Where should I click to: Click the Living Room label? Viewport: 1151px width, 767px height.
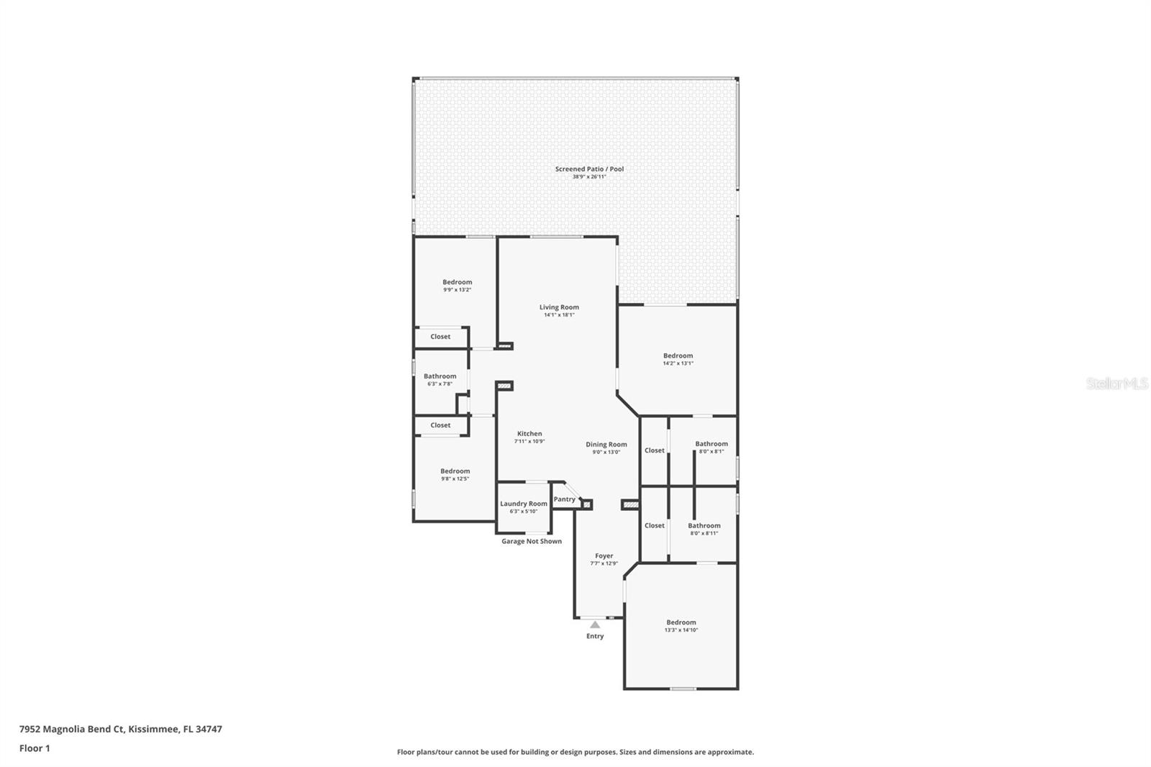tap(559, 307)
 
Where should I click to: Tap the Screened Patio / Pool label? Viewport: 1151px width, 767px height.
tap(589, 168)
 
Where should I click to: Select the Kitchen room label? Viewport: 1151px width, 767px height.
tap(529, 433)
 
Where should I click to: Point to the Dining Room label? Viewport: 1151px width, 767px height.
tap(606, 444)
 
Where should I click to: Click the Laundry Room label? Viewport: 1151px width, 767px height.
tap(524, 504)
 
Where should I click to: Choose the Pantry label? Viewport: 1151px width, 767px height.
tap(564, 499)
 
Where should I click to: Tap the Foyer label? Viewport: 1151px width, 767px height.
tap(604, 555)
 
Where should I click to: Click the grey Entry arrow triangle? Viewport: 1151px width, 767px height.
tap(595, 625)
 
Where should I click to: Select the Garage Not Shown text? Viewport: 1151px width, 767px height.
tap(532, 541)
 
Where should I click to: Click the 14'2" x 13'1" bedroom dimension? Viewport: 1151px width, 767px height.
tap(678, 363)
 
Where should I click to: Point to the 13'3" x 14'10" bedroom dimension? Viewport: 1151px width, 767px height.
tap(681, 630)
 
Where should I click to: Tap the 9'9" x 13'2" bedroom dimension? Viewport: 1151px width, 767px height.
tap(458, 290)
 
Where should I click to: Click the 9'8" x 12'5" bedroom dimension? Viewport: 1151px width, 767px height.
tap(455, 478)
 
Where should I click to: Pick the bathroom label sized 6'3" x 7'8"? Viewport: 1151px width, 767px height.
tap(440, 376)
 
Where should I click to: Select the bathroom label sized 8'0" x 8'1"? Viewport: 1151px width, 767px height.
tap(711, 444)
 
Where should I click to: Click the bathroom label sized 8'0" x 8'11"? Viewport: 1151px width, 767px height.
tap(704, 525)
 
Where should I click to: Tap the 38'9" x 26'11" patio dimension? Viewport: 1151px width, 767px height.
tap(589, 177)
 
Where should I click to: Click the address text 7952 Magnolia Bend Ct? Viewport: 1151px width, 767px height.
tap(72, 729)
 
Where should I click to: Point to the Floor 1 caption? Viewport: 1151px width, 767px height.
tap(35, 748)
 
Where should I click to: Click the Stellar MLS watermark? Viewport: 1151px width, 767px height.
tap(1117, 383)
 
